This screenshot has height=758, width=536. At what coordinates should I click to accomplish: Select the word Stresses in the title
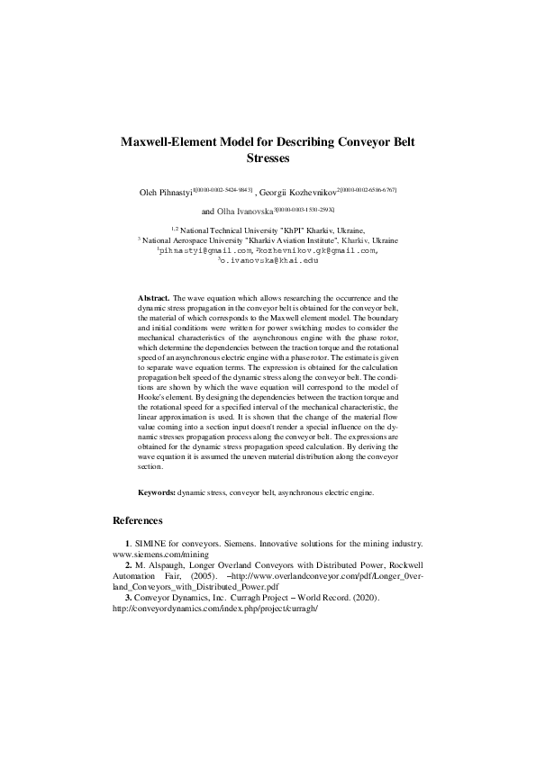coord(268,158)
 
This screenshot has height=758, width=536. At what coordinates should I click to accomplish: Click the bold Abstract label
coord(153,296)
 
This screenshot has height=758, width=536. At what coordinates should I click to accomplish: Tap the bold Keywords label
coord(156,493)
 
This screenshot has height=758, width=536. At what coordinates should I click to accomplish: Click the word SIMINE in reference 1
coord(151,546)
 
